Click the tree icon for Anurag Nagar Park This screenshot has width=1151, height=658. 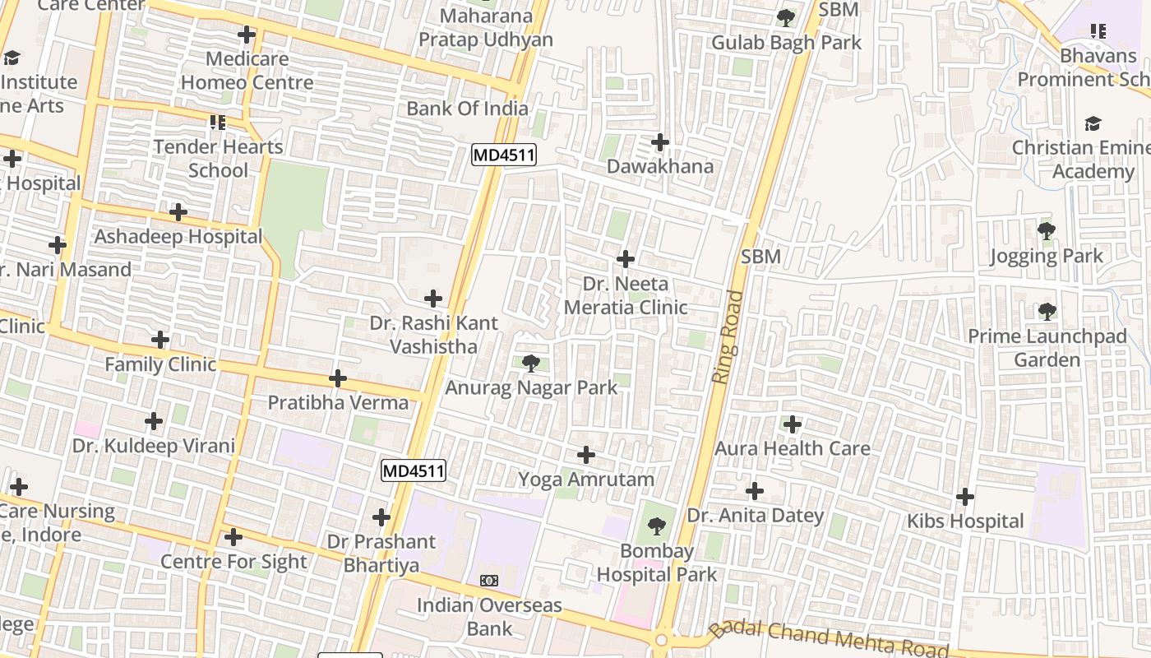(x=531, y=363)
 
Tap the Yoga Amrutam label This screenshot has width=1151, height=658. (x=585, y=479)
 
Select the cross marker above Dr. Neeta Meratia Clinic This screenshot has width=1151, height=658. (x=626, y=259)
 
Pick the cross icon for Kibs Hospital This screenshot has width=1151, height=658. (x=965, y=497)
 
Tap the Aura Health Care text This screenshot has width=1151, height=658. (x=792, y=448)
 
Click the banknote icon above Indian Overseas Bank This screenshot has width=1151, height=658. (x=489, y=581)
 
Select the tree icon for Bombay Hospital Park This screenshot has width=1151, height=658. (x=656, y=526)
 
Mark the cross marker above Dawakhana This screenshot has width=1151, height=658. (x=660, y=142)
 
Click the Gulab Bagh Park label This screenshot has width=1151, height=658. (x=786, y=42)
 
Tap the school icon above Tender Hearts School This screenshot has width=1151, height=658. (x=218, y=123)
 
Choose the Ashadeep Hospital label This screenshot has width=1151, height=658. (x=178, y=237)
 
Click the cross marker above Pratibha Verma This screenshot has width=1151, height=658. (x=338, y=378)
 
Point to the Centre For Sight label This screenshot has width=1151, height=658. (x=233, y=562)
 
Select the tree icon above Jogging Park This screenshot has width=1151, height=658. (x=1046, y=231)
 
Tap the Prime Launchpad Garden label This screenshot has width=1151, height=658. (x=1047, y=348)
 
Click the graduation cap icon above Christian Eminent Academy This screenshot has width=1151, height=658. (x=1093, y=123)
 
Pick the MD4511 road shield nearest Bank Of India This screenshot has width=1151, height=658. (x=503, y=155)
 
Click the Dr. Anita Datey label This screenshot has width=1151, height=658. (x=755, y=516)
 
